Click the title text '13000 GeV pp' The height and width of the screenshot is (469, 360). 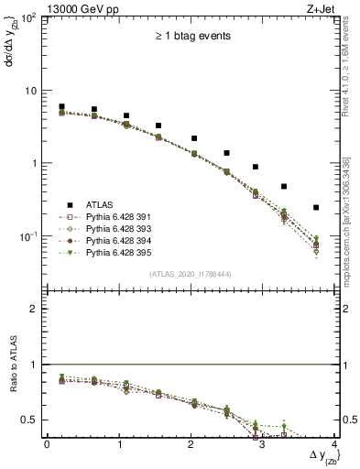(77, 8)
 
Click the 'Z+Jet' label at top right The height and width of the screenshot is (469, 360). (318, 8)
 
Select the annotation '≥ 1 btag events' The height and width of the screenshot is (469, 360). (191, 37)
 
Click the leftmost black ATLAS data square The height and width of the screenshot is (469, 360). (61, 106)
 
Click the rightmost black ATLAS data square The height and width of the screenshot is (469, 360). (316, 208)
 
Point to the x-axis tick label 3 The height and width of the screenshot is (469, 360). (263, 444)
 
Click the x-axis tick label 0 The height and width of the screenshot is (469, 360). (47, 444)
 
